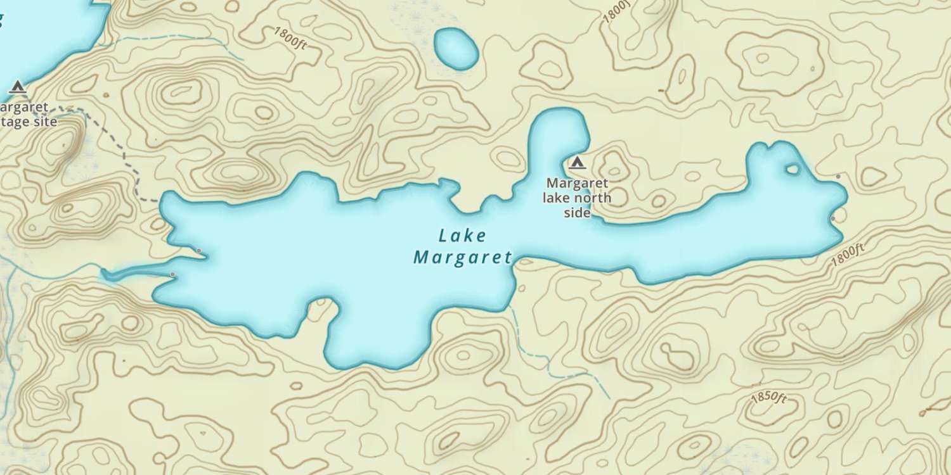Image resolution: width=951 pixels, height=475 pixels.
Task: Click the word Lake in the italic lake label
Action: tap(462, 236)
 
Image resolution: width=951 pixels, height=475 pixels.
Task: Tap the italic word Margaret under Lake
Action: tap(462, 258)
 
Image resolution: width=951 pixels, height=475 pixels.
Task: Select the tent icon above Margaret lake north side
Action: tap(576, 163)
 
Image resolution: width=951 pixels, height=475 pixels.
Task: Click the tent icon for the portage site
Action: tap(17, 86)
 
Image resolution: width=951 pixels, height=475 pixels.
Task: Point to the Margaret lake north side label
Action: tap(578, 198)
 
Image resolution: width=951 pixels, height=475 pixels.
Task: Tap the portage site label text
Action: tap(29, 115)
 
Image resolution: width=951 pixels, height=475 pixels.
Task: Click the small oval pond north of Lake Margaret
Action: tap(455, 49)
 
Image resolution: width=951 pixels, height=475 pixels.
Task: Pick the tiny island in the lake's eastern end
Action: tap(792, 168)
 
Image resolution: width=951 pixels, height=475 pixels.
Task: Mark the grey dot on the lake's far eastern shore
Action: tap(832, 219)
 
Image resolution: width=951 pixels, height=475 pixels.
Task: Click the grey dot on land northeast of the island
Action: tap(838, 176)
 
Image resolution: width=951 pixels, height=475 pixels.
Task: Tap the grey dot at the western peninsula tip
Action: tap(199, 251)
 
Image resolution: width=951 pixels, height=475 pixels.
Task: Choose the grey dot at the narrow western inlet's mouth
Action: tap(172, 274)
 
